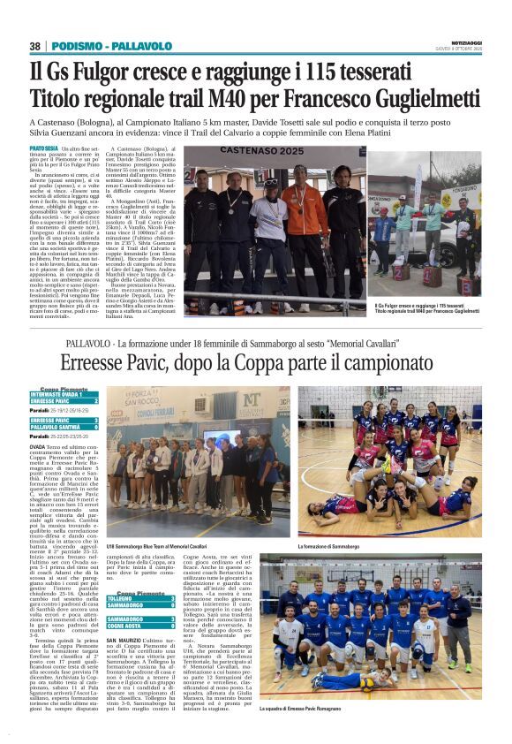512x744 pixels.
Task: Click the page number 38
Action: point(35,46)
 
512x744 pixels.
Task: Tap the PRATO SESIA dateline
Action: point(44,148)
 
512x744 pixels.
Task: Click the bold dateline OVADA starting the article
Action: point(38,448)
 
